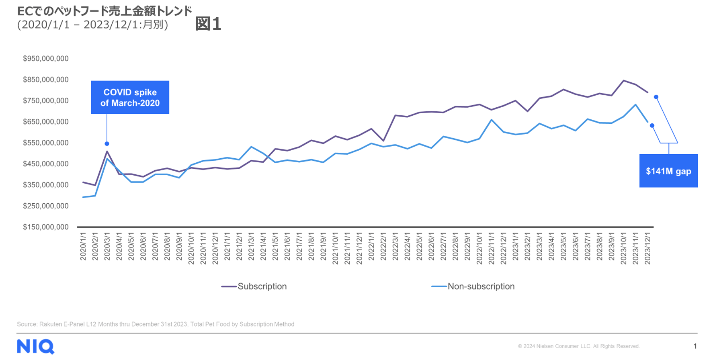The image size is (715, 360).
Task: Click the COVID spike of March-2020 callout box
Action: [x=130, y=97]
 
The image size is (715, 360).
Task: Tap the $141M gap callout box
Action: [x=668, y=171]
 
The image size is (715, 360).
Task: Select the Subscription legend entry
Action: [x=254, y=286]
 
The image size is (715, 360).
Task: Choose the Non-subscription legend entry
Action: [x=473, y=286]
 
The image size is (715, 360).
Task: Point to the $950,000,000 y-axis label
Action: [x=45, y=59]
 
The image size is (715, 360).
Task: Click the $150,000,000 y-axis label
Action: [x=45, y=227]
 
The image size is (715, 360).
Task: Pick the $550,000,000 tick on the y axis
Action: [x=45, y=143]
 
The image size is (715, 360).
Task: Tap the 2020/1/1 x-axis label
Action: [x=83, y=246]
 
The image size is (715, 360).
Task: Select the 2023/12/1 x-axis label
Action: [x=647, y=248]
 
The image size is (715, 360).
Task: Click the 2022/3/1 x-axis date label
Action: [x=395, y=246]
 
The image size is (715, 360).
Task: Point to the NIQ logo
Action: [x=35, y=346]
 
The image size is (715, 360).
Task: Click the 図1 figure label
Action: [x=208, y=24]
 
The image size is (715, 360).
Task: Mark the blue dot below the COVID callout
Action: [x=107, y=144]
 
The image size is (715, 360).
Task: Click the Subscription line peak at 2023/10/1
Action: [x=623, y=80]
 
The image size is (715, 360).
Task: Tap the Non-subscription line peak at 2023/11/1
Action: [x=635, y=105]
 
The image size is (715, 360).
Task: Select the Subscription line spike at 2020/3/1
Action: [x=107, y=151]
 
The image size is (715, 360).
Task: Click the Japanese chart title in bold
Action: [x=104, y=11]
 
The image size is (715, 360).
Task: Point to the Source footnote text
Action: [x=156, y=324]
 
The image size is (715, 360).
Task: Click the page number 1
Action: [x=695, y=346]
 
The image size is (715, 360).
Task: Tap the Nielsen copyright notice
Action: [x=578, y=346]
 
